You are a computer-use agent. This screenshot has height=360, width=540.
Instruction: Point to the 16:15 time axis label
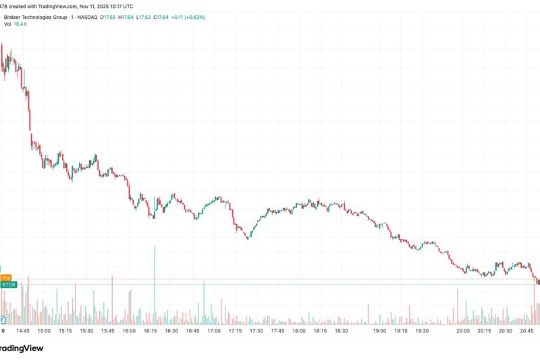click(149, 331)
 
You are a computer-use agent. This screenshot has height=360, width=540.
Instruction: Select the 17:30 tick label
click(256, 331)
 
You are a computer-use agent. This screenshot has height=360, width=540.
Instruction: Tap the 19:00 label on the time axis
click(379, 331)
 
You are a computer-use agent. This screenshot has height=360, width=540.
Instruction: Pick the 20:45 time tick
click(528, 331)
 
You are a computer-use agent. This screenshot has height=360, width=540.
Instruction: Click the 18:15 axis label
click(320, 331)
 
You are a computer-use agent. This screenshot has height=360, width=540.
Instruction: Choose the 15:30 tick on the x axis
click(86, 331)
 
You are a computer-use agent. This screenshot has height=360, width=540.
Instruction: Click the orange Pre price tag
click(6, 278)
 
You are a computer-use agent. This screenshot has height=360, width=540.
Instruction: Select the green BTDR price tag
click(8, 284)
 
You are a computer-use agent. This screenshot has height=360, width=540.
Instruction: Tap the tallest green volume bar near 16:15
click(155, 284)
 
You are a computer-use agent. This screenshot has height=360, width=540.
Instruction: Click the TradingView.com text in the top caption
click(57, 5)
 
